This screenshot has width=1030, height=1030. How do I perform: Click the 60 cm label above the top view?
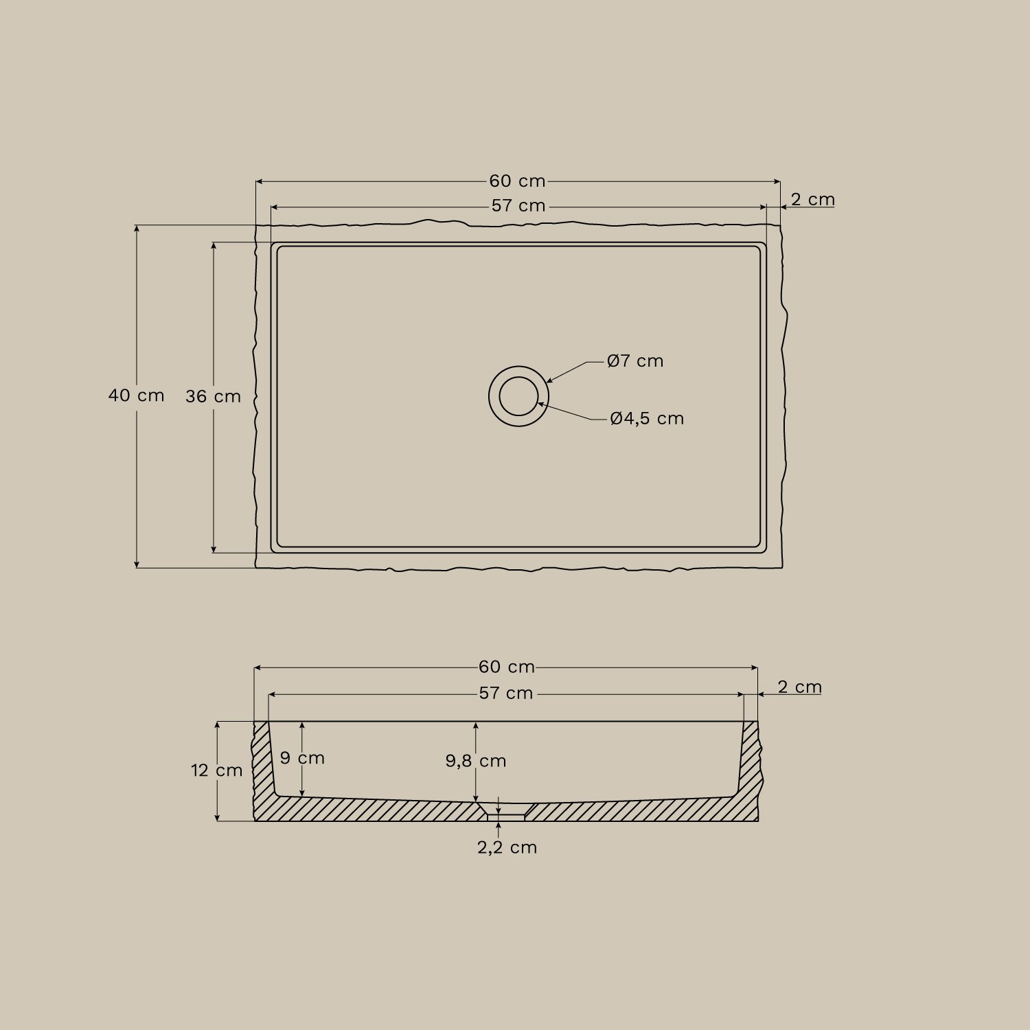(517, 181)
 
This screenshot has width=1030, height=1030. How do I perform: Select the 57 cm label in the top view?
(518, 206)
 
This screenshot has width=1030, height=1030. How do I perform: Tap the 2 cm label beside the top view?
(812, 200)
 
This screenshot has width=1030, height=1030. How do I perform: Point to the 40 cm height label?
(137, 396)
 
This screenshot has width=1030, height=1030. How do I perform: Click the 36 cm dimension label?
(213, 397)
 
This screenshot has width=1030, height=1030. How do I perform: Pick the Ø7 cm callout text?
(635, 361)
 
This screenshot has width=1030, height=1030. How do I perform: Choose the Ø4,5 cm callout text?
(647, 419)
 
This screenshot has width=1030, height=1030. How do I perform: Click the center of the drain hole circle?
(518, 396)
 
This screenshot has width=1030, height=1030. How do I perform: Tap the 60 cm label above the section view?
(507, 667)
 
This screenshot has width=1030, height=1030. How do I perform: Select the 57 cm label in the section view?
(506, 694)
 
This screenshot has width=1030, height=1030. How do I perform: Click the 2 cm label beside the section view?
(799, 687)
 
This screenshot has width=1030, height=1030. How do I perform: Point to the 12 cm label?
(217, 770)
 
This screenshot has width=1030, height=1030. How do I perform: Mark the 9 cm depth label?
(302, 758)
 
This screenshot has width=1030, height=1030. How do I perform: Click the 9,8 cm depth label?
(476, 761)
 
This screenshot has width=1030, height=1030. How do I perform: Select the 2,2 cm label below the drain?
(507, 848)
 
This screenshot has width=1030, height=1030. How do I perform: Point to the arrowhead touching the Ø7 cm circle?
(549, 380)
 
